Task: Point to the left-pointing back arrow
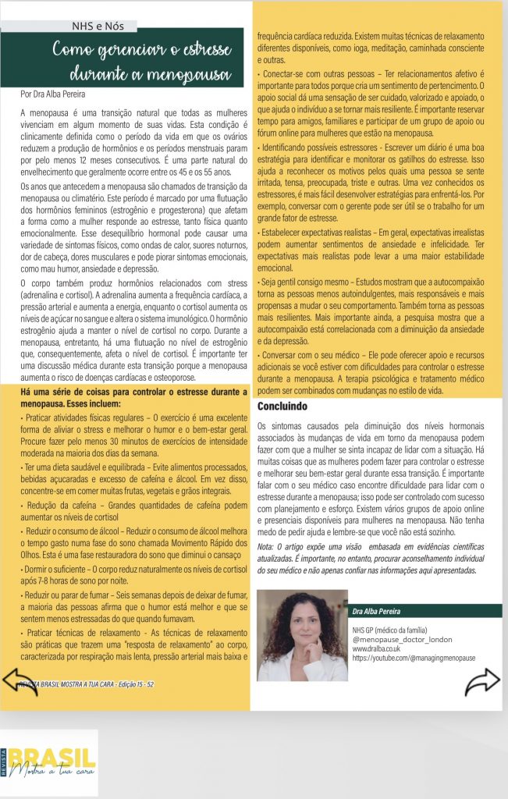(20, 682)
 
